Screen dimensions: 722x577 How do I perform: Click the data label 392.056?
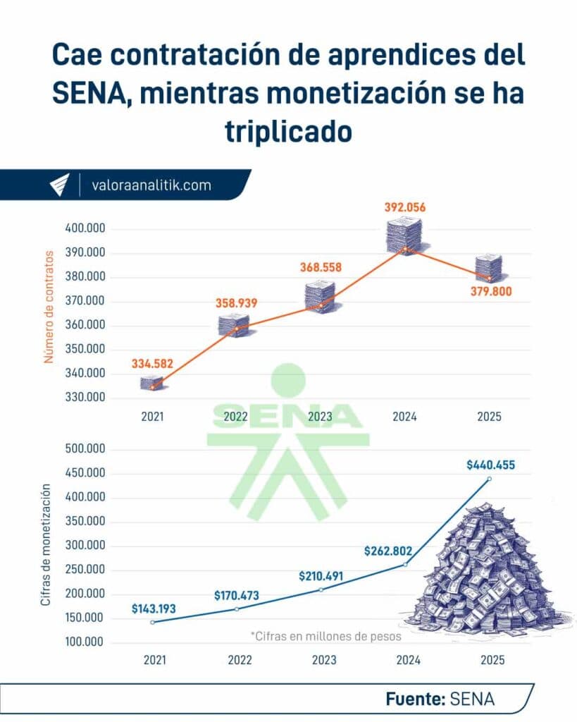405,207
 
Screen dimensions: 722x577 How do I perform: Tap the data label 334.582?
151,365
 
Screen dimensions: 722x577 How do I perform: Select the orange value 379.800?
492,291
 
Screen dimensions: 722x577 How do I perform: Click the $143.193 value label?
154,608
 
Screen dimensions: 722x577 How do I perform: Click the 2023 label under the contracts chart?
320,417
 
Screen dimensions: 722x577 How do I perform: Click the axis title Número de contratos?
49,306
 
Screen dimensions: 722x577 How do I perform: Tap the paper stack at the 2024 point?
404,235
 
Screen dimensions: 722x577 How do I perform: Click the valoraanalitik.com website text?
151,185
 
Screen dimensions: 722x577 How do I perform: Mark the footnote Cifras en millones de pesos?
325,635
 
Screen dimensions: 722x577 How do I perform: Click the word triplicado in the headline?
288,132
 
